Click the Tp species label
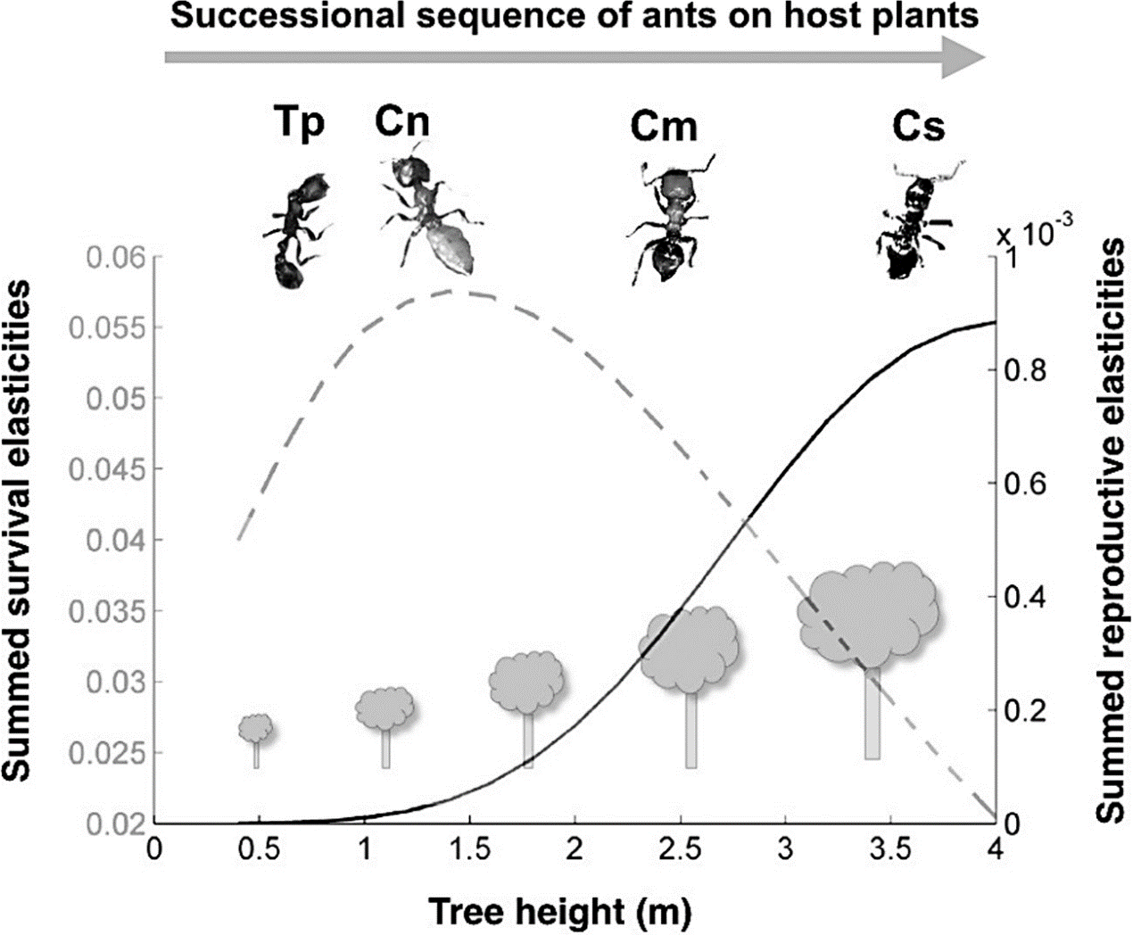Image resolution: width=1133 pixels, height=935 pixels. pos(299,125)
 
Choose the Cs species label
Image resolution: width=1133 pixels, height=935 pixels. pos(918,128)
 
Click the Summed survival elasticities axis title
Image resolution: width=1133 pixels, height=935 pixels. pos(27,530)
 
